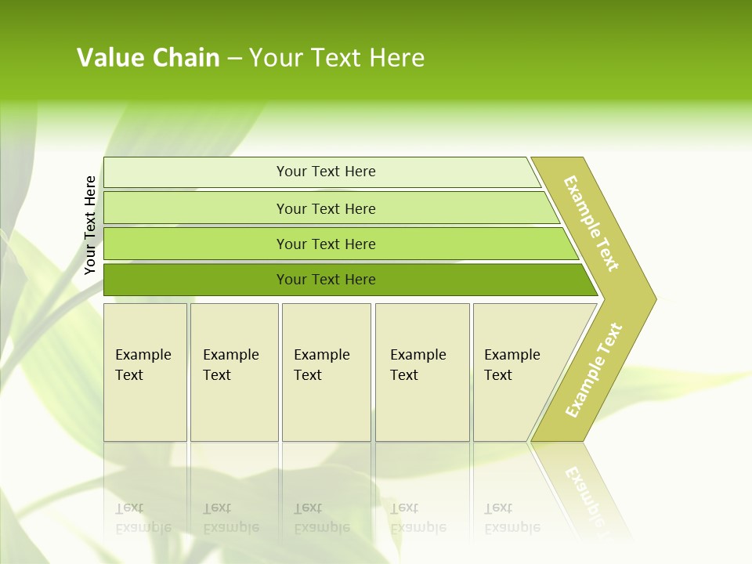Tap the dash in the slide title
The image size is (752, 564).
(x=234, y=58)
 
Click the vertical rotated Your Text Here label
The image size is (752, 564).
(x=90, y=225)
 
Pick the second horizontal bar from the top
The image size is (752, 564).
(x=325, y=208)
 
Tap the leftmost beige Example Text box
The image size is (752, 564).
(x=145, y=371)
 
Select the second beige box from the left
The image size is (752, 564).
(x=234, y=371)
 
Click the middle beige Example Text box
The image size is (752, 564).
(x=326, y=371)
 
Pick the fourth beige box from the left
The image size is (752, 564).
(x=422, y=371)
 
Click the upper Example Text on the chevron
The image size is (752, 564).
(x=591, y=223)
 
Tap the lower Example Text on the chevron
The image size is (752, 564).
(x=594, y=370)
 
